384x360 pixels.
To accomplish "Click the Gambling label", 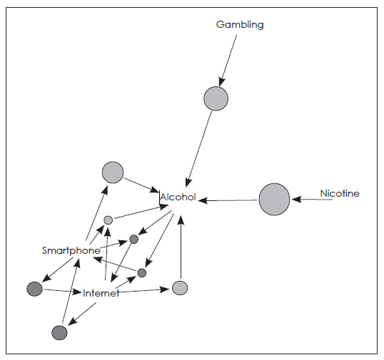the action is click(240, 25).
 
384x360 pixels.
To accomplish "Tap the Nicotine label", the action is click(340, 193).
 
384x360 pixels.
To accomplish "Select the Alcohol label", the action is click(178, 197).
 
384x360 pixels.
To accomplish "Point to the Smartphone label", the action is click(71, 251).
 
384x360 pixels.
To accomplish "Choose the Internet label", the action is click(101, 293).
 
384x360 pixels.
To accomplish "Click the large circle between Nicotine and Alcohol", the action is click(274, 200).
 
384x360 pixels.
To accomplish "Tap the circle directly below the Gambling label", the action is click(216, 98).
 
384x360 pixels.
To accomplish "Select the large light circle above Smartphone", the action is click(113, 173).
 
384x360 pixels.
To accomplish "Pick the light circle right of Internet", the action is click(180, 288).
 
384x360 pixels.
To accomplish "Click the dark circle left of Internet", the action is click(34, 289).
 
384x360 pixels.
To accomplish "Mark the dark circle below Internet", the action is click(59, 333).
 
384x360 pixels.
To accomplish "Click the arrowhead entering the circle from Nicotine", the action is click(297, 200).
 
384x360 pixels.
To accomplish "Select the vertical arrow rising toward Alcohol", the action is click(181, 247).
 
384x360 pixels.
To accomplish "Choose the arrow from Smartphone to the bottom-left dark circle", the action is click(59, 269).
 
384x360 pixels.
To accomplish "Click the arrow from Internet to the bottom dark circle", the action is click(82, 314).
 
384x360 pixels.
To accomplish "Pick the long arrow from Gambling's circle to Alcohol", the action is click(199, 149).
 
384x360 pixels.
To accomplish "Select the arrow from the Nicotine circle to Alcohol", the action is click(228, 200).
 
